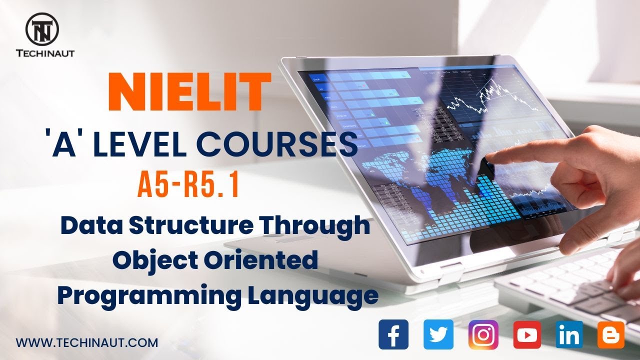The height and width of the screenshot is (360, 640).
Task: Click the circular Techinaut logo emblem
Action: pos(42,27)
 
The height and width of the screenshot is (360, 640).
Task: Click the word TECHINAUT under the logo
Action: pos(45,52)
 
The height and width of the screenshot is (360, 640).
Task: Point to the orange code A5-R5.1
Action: pos(187,186)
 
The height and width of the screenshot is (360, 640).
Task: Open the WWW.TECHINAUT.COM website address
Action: pos(87,343)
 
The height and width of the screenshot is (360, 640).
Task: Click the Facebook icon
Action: pos(393,334)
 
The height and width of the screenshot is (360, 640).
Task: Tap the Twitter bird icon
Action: pos(438,334)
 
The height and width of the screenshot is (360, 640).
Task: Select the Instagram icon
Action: pos(483,334)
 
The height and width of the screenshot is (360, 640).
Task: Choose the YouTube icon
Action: pos(527,334)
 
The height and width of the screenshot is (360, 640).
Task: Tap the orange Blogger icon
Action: pos(611,334)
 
